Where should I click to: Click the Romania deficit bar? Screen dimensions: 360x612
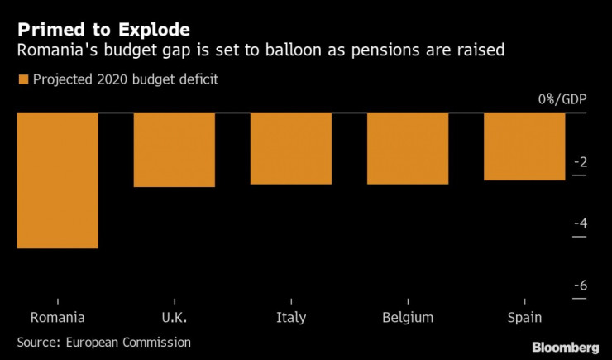pyautogui.click(x=57, y=180)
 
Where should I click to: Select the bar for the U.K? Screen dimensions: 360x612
pyautogui.click(x=174, y=150)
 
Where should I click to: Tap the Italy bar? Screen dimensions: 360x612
pyautogui.click(x=290, y=148)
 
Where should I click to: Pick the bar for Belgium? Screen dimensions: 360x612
pyautogui.click(x=407, y=148)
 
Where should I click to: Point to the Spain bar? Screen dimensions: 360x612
pyautogui.click(x=524, y=146)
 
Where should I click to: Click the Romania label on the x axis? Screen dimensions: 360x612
pyautogui.click(x=57, y=318)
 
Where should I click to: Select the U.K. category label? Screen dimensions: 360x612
pyautogui.click(x=174, y=318)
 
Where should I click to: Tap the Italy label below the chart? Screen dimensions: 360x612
pyautogui.click(x=290, y=318)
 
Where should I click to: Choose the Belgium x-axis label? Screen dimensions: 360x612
pyautogui.click(x=407, y=318)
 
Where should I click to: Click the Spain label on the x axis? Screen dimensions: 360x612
pyautogui.click(x=524, y=318)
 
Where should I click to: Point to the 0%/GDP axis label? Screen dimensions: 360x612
pyautogui.click(x=562, y=99)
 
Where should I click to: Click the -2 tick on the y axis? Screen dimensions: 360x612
pyautogui.click(x=581, y=161)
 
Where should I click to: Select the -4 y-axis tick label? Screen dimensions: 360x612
pyautogui.click(x=581, y=223)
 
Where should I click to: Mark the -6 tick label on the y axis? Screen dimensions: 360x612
pyautogui.click(x=581, y=286)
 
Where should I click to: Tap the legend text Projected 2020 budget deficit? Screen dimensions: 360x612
pyautogui.click(x=124, y=79)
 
